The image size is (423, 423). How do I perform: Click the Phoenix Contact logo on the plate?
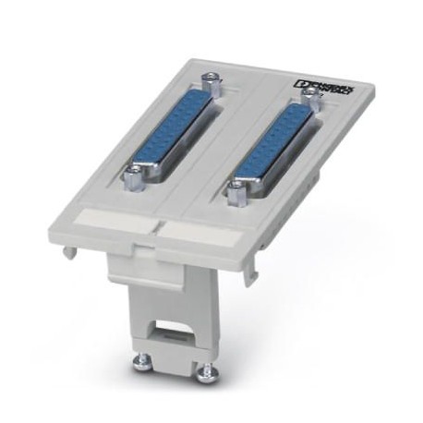coord(323,88)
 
